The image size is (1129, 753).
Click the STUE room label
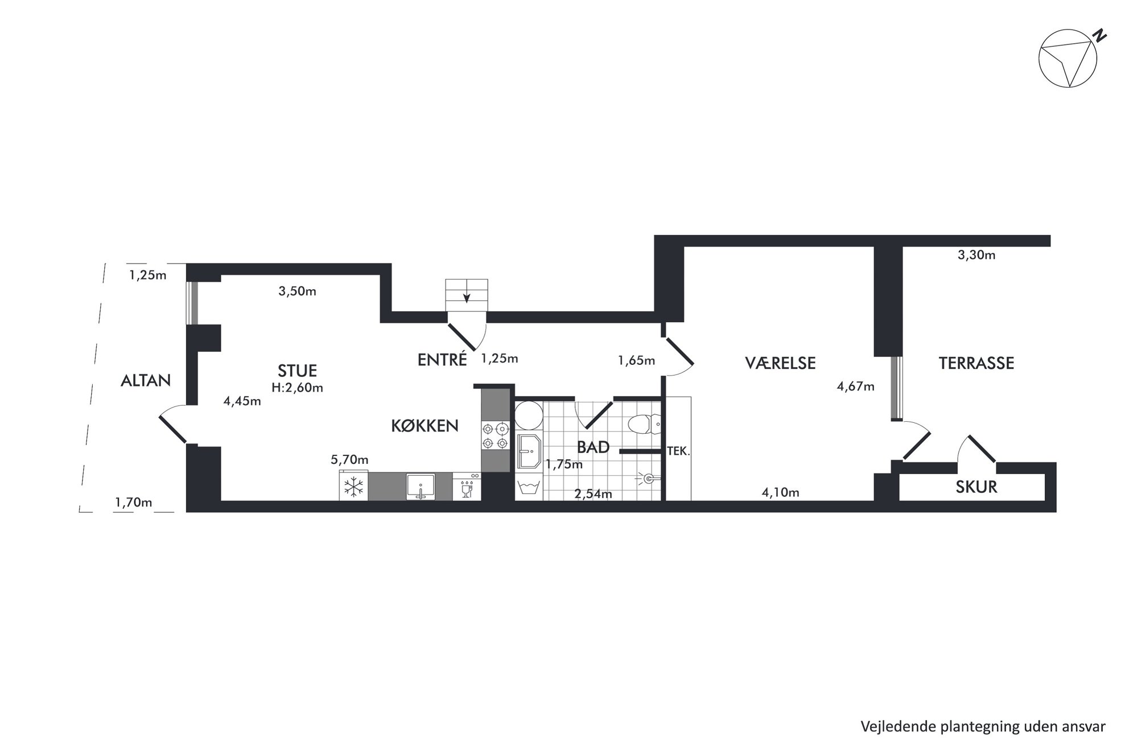click(297, 371)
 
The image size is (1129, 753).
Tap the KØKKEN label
click(425, 426)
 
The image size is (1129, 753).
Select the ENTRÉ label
click(442, 359)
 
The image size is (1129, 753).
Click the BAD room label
click(593, 447)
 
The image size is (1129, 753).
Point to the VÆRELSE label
click(780, 363)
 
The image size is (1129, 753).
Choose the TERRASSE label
click(976, 363)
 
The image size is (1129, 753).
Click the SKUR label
click(976, 487)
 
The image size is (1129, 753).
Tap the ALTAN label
click(146, 380)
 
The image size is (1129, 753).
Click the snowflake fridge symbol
click(354, 486)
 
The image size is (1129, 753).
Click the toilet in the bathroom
click(644, 424)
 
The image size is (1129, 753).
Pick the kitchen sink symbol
click(421, 487)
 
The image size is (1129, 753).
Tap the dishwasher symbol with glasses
click(467, 487)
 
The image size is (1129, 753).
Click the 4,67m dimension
click(855, 386)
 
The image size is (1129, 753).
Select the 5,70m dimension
click(349, 459)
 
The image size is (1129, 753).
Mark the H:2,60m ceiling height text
click(297, 388)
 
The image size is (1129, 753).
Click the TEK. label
click(678, 452)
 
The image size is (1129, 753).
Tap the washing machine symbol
click(529, 488)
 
